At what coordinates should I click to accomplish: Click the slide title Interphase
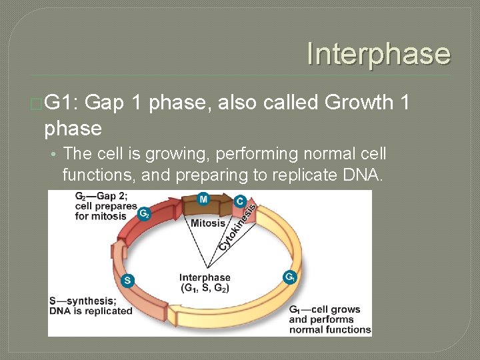click(378, 54)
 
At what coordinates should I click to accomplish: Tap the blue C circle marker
click(240, 201)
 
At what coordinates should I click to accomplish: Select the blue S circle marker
click(127, 281)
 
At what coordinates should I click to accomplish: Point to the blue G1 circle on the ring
click(290, 277)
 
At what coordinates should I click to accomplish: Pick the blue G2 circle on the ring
click(143, 213)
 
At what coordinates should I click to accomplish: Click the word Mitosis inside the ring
click(208, 223)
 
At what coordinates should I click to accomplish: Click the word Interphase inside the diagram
click(205, 277)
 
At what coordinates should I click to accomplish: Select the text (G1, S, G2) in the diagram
click(205, 288)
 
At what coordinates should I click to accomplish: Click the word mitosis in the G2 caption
click(110, 216)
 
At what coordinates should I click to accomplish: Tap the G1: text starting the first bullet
click(62, 103)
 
